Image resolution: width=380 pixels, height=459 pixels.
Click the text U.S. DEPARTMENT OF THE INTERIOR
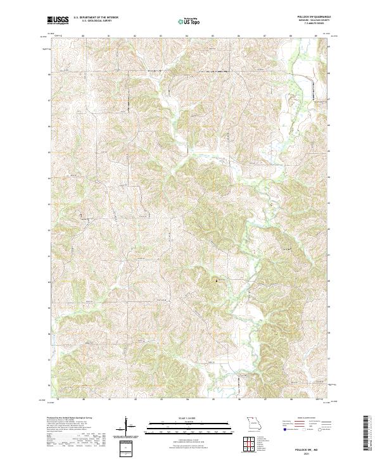tap(95, 18)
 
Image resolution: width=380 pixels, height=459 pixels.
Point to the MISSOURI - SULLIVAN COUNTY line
tap(317, 21)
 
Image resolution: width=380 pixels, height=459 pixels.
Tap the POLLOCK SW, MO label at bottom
tap(317, 445)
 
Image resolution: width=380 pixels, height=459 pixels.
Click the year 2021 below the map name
tap(317, 450)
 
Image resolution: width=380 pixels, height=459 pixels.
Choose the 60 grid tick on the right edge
tap(329, 280)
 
